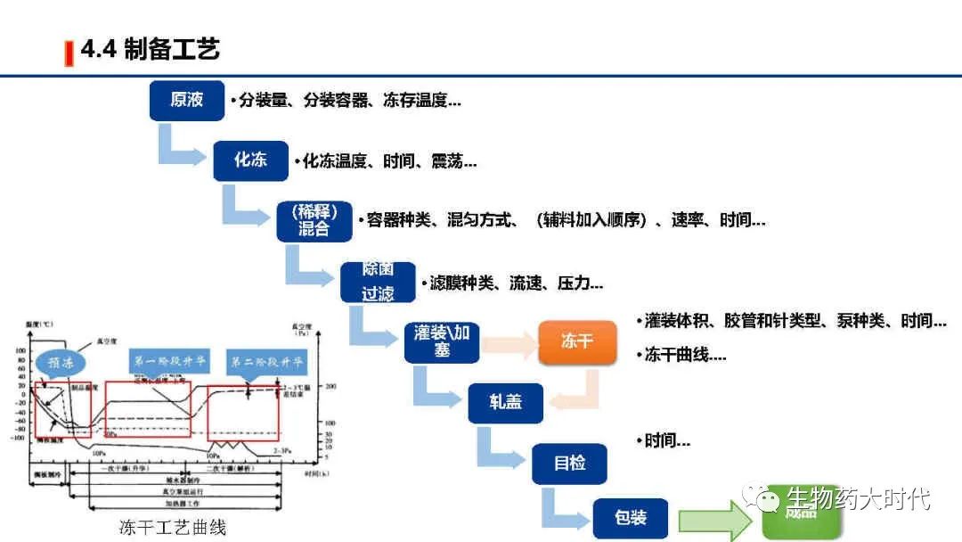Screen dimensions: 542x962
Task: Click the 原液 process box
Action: pos(186,100)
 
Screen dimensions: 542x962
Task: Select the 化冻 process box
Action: pos(250,160)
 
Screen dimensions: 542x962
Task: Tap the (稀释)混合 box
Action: pos(314,221)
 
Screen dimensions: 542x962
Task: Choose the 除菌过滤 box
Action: pos(378,282)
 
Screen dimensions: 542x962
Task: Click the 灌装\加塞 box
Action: pos(442,341)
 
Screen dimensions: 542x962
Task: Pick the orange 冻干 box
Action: pos(576,341)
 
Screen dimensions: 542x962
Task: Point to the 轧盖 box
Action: pos(505,402)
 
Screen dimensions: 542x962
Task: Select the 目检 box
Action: pos(569,464)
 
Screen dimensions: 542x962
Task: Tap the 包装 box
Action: pos(631,518)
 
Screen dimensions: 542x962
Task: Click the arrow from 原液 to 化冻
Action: pos(179,148)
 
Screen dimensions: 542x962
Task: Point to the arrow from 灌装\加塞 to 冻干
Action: pos(508,341)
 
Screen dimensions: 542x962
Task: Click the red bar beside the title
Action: pos(69,53)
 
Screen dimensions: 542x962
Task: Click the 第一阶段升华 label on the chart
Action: pos(170,362)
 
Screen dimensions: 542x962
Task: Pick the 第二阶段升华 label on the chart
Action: pos(267,362)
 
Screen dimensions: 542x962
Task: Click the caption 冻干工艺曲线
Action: pos(173,527)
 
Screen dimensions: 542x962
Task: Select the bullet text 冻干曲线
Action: pos(681,355)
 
